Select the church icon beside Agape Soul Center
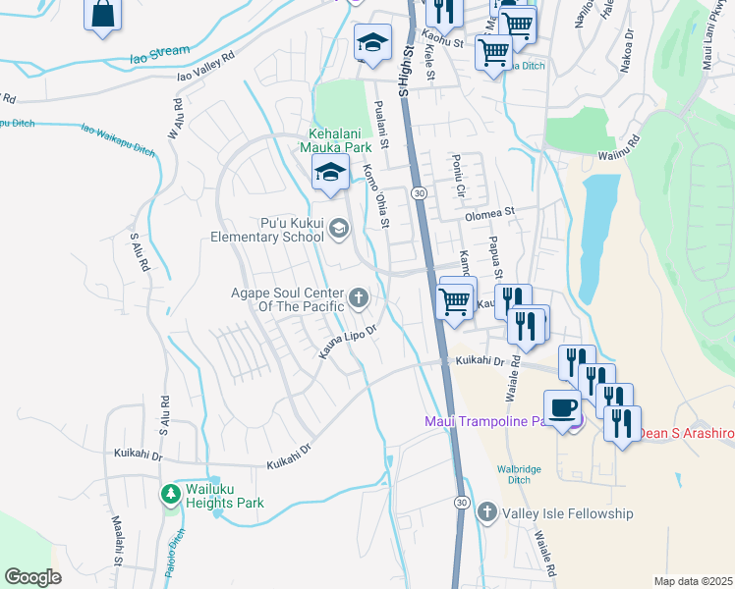359,296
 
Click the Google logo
32,576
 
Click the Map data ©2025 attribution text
693,581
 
